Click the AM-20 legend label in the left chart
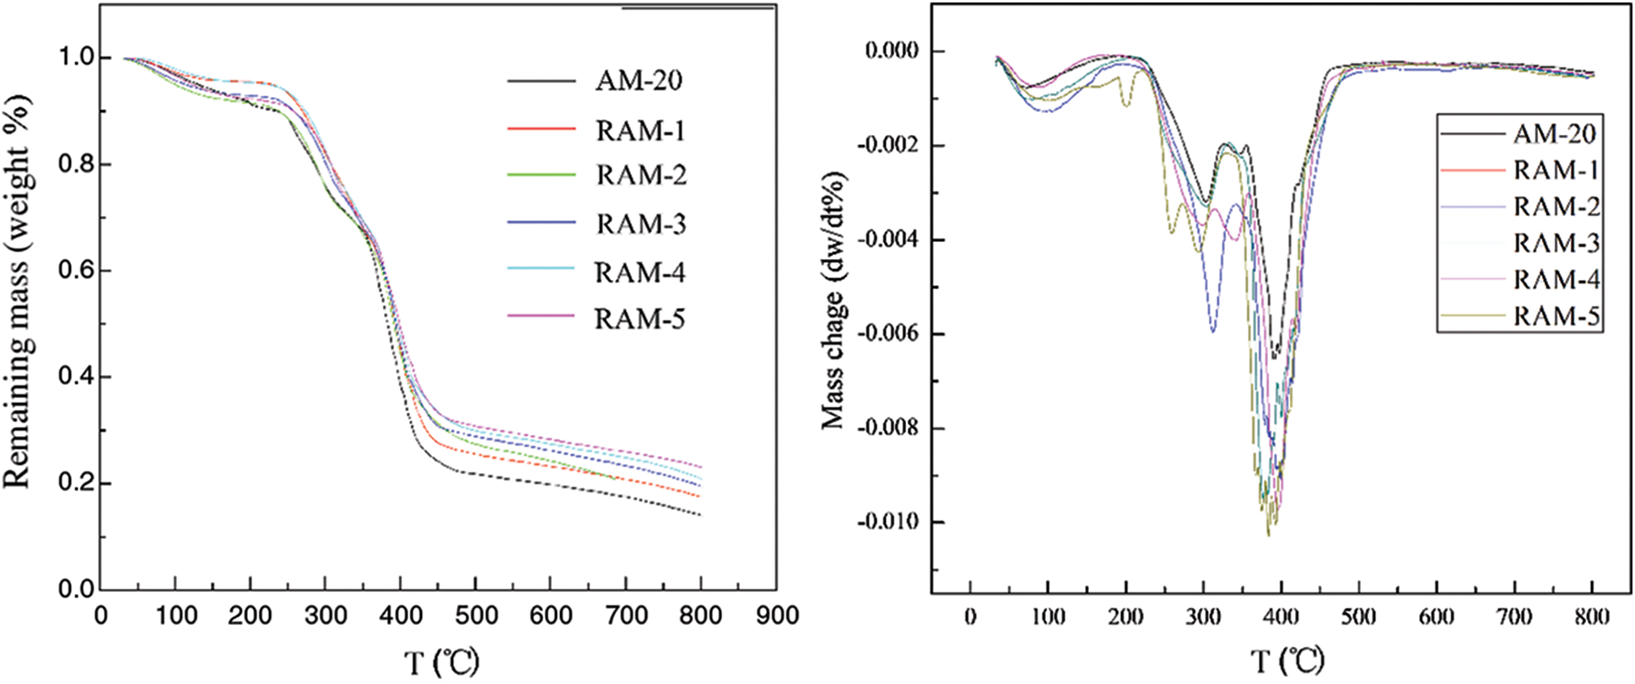tap(639, 81)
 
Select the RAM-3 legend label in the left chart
tap(640, 224)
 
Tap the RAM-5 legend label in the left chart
tap(639, 319)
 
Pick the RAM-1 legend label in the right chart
tap(1556, 170)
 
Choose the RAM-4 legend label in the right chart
tap(1557, 279)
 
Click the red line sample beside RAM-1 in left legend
tap(541, 129)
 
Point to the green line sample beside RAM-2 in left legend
tap(541, 175)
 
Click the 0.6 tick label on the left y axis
tap(74, 271)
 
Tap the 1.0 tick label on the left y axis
tap(74, 58)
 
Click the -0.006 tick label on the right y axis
tap(892, 335)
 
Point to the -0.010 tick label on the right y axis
tap(892, 523)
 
